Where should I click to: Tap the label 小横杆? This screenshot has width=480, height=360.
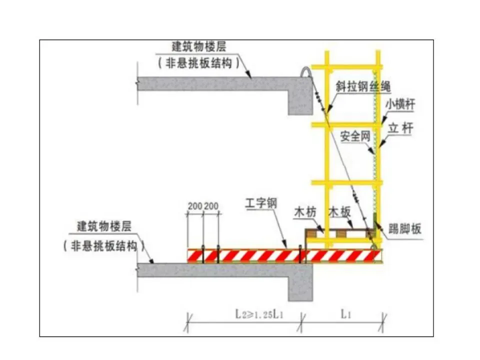tap(400, 105)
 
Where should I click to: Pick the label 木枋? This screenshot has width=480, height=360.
tap(305, 212)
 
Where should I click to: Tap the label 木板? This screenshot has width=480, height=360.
tap(339, 212)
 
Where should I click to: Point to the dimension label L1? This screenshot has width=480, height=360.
tap(345, 314)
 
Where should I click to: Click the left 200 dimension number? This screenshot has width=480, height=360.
tap(195, 206)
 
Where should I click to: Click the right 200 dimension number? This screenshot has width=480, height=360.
tap(212, 206)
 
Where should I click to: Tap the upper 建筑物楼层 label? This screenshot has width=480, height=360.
tap(199, 47)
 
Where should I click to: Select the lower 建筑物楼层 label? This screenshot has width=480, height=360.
tap(104, 226)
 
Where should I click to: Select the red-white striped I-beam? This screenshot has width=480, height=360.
tap(280, 255)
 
